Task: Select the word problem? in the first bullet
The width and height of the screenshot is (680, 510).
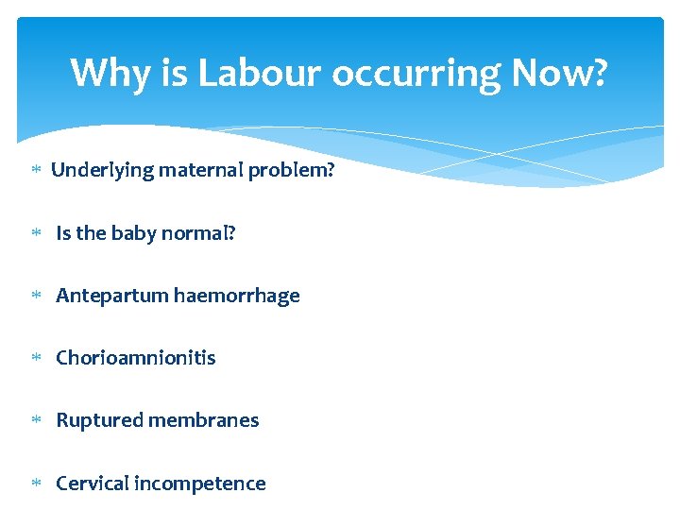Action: point(292,171)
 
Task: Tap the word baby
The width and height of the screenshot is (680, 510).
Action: point(133,233)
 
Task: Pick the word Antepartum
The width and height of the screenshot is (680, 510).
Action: point(112,296)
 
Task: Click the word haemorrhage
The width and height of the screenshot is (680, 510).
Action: point(237,296)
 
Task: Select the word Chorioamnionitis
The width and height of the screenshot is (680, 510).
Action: point(135,358)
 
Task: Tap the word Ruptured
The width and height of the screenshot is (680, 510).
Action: point(99,420)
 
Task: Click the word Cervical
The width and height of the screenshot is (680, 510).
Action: point(93,484)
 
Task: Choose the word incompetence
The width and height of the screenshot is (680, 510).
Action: point(200,484)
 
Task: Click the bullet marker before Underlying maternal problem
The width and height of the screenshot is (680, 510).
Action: point(36,171)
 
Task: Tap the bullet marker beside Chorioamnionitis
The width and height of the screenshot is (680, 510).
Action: point(36,359)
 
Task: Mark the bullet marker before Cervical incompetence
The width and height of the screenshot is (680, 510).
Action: point(36,484)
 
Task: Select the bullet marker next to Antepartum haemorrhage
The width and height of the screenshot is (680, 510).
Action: point(36,297)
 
